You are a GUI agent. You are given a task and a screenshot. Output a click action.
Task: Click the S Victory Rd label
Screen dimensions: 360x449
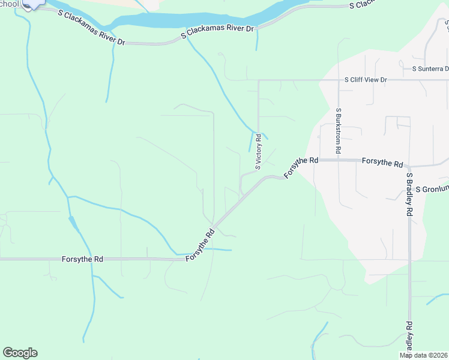[258, 152]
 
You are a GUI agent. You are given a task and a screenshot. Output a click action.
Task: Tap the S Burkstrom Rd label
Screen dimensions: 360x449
[339, 131]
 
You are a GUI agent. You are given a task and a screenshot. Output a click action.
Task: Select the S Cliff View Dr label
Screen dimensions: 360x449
[366, 80]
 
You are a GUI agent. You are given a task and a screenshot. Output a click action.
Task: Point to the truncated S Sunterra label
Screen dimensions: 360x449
[430, 68]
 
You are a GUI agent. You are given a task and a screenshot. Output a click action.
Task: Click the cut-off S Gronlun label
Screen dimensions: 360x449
[432, 188]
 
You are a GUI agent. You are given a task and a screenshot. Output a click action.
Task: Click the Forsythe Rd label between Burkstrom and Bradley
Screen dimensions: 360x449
[382, 163]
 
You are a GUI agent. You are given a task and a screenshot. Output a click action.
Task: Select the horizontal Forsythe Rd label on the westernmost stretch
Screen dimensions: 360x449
[82, 259]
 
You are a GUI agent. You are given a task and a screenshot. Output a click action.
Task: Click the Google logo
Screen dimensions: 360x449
[20, 353]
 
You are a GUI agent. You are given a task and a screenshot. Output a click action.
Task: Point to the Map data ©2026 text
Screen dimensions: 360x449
[423, 355]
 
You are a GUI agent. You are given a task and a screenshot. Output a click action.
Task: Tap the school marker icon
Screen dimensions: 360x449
[31, 3]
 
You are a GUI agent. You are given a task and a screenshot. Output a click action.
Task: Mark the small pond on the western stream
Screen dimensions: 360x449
[73, 223]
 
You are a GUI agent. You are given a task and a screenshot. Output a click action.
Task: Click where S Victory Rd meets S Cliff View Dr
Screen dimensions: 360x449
[258, 80]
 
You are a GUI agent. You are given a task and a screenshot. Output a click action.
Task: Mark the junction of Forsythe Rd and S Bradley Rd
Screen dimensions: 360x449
[409, 166]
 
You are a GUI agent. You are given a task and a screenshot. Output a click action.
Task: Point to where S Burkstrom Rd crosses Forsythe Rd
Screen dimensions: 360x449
[339, 161]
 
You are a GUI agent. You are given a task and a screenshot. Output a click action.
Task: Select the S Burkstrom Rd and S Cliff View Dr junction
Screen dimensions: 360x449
[339, 80]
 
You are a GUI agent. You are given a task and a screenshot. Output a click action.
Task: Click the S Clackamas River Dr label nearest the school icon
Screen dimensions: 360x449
[92, 28]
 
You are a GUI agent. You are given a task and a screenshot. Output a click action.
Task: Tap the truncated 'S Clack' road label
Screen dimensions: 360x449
[364, 4]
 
